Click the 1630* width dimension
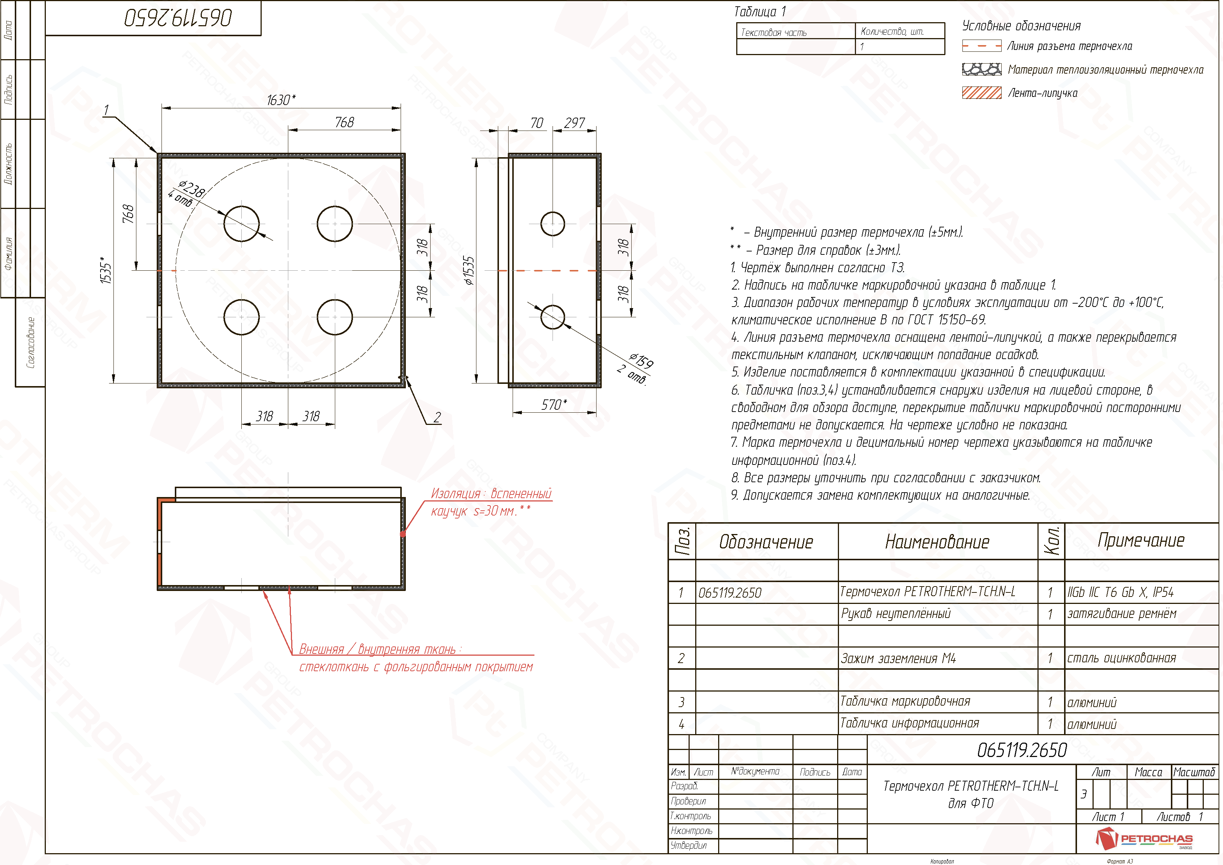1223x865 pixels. click(281, 100)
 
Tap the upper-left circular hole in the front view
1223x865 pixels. click(242, 224)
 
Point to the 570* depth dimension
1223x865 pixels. click(554, 405)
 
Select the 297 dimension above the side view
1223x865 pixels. click(575, 123)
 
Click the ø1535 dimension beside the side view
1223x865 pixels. click(468, 271)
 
